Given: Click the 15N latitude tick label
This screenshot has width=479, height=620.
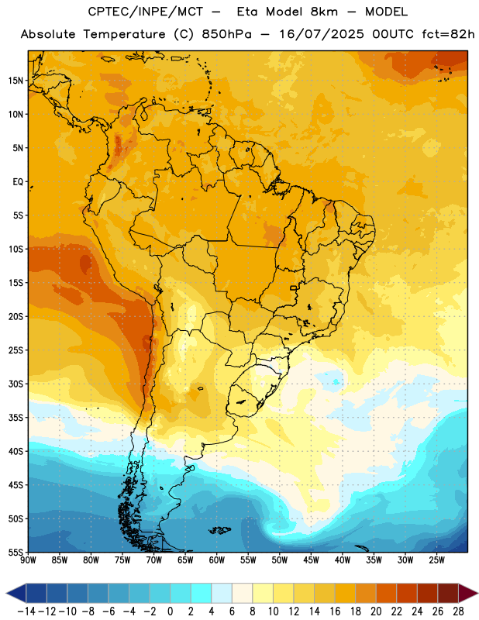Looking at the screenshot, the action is [x=15, y=81].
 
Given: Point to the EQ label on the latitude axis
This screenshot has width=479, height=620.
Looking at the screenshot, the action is [x=18, y=182].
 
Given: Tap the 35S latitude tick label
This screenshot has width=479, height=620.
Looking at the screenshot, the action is [x=16, y=418].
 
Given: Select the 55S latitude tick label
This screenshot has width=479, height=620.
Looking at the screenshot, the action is [x=16, y=553].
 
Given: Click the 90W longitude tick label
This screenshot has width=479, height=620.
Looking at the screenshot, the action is [x=28, y=560].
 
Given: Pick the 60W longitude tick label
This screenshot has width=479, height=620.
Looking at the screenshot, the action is [x=217, y=560].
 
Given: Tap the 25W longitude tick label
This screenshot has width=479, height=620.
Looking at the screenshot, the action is [x=436, y=560].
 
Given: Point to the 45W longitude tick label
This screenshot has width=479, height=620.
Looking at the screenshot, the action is [x=311, y=560].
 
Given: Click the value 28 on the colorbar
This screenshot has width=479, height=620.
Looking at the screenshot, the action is [x=458, y=611].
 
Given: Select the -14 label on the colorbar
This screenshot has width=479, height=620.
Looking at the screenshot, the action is [x=26, y=611].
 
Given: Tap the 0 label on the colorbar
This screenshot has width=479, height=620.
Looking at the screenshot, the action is [x=171, y=611].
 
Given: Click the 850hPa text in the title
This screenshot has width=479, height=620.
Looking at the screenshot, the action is [x=226, y=34].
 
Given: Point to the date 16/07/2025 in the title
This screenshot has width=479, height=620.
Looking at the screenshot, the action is [x=322, y=34].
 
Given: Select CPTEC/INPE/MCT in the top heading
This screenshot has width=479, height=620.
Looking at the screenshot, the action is [x=146, y=12].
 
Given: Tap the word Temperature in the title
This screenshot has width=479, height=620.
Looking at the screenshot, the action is [x=124, y=34].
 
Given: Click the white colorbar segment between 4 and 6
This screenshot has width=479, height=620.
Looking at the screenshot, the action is [x=222, y=594].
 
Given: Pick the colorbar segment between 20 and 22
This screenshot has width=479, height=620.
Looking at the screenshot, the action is [x=387, y=594].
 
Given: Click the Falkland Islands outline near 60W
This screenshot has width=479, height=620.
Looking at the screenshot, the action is [x=220, y=530].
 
